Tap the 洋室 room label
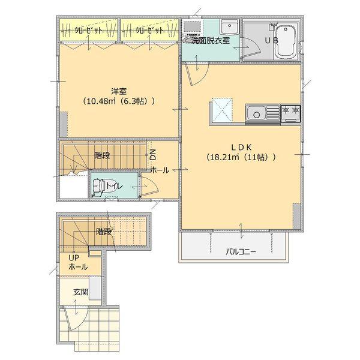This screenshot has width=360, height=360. tap(118, 91)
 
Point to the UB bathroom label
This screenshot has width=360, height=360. tap(272, 41)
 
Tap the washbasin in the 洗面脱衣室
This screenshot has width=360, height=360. tap(228, 28)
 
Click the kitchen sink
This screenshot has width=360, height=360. tap(257, 112)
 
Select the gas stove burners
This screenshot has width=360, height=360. tap(290, 111)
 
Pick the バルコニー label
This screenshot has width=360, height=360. tap(241, 251)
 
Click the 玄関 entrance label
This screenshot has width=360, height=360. tap(81, 292)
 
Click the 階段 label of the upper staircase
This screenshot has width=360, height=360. tap(102, 155)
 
